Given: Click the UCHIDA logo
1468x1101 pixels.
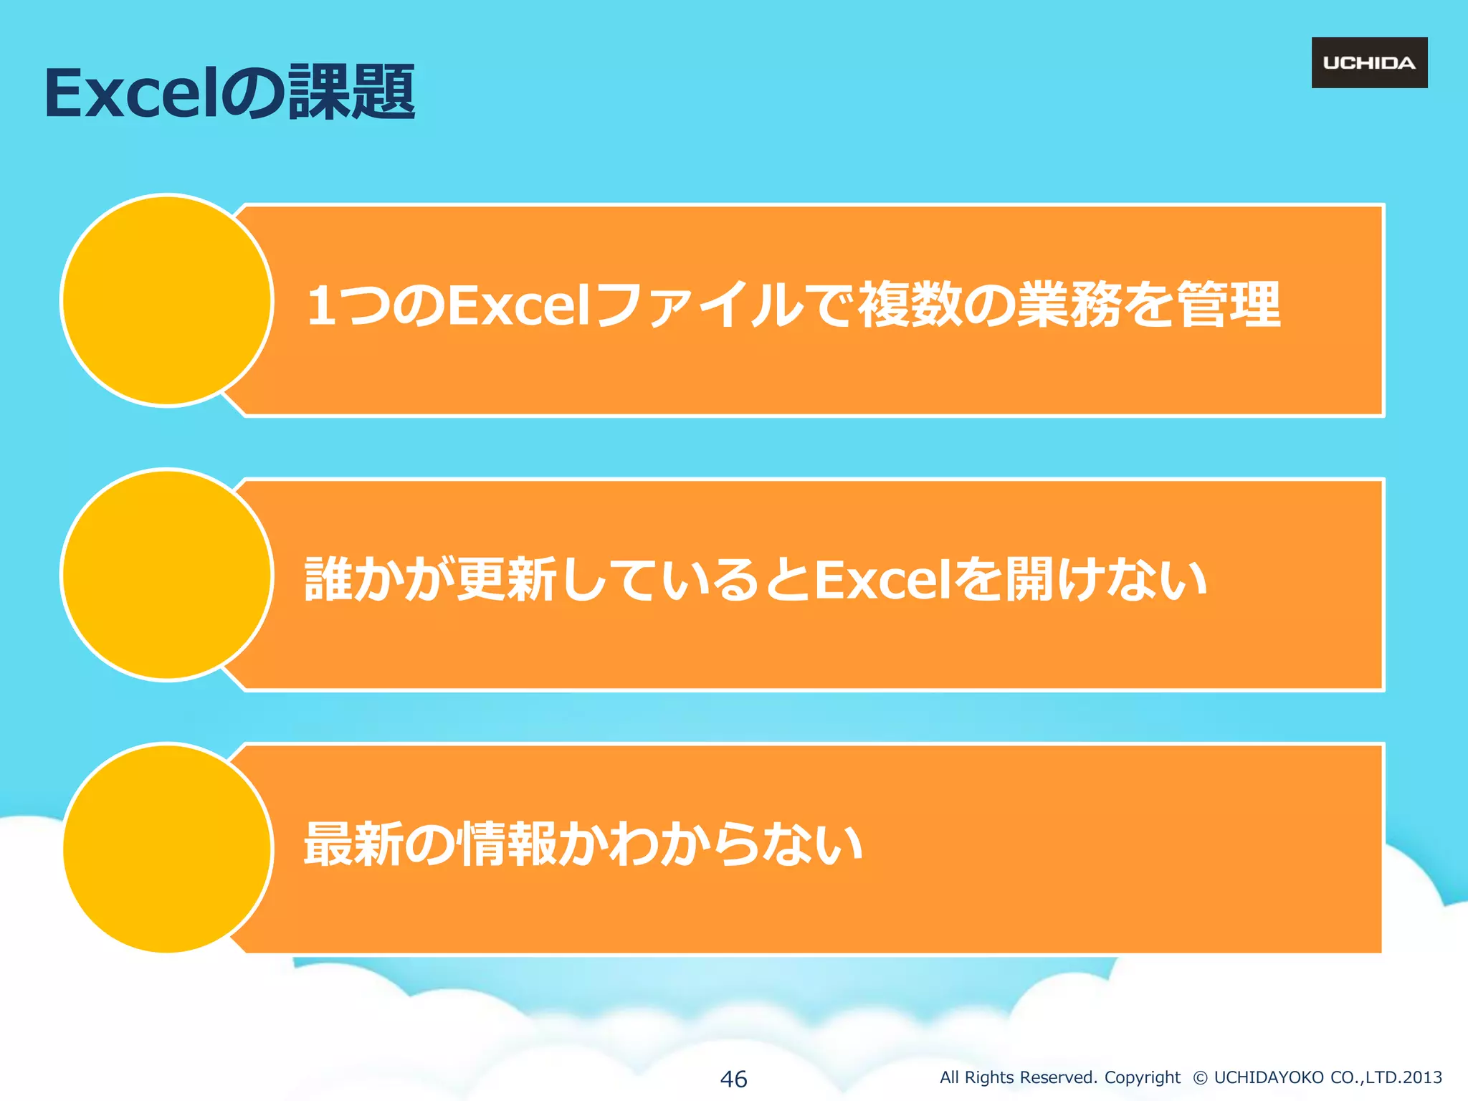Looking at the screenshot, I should pos(1369,63).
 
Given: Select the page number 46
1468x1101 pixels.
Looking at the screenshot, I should pos(733,1079).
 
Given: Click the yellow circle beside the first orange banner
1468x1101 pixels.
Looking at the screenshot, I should pos(166,300).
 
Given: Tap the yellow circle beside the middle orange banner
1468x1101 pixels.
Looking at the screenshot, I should pos(166,575).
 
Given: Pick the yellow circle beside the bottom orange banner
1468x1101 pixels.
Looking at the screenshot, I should pos(166,849).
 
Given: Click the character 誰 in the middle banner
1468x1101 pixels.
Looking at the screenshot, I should pos(328,580).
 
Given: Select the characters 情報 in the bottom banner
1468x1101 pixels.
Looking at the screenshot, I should pos(507,844).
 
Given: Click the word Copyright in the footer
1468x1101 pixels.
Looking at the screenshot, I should pos(1142,1077).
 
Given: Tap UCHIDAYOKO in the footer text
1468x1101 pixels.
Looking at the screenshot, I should pos(1269,1077).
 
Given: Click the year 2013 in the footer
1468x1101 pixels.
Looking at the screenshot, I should pos(1422,1077).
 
